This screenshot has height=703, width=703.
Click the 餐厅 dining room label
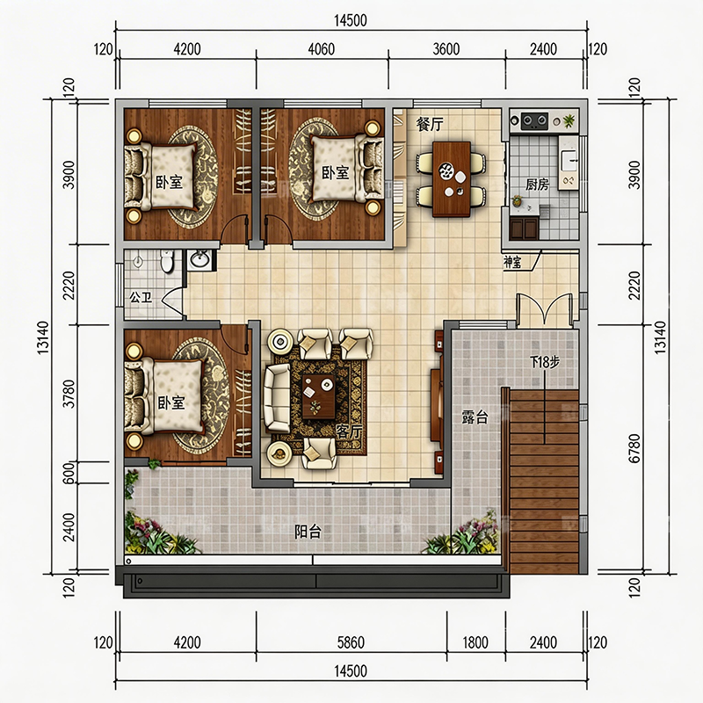(429, 124)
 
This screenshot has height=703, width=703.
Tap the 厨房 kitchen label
(537, 184)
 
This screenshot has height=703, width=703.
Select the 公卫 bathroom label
(141, 297)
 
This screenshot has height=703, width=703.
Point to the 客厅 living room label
(349, 431)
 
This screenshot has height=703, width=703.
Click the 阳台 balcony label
(308, 532)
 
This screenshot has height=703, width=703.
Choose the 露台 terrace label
(475, 417)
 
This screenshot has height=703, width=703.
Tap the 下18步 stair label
(545, 361)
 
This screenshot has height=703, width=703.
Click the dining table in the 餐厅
(452, 179)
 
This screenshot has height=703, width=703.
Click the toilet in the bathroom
(166, 261)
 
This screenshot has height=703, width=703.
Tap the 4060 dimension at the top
(321, 49)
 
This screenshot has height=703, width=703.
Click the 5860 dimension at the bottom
(351, 642)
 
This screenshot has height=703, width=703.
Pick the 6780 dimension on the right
(634, 448)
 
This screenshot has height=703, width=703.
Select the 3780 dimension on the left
(69, 394)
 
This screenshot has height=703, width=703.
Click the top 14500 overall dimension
(351, 20)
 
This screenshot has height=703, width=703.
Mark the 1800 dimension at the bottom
(475, 642)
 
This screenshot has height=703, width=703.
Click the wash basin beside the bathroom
(199, 259)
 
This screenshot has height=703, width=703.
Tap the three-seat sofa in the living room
(277, 397)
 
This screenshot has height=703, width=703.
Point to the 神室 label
(512, 262)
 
